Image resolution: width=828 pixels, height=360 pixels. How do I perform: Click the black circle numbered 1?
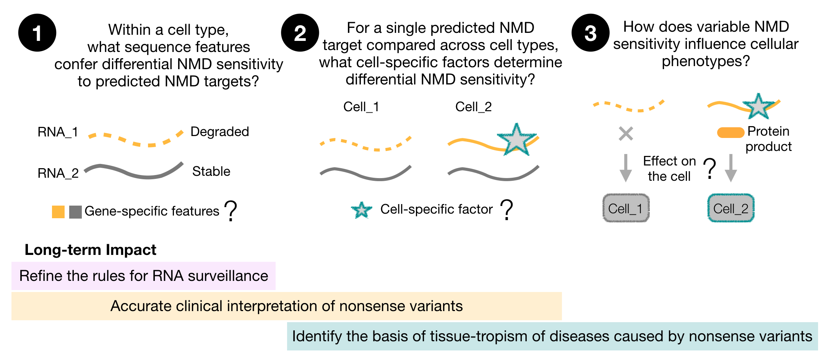coord(37,33)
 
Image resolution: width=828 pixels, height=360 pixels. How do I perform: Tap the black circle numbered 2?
coord(300,33)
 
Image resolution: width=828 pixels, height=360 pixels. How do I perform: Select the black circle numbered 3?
coord(590,33)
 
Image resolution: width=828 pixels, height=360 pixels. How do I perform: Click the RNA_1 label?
coord(58,132)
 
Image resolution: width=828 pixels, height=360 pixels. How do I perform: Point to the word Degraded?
coord(219,131)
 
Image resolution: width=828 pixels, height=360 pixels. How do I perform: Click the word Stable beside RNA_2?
coord(211,171)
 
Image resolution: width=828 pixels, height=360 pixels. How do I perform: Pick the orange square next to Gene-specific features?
coord(58,212)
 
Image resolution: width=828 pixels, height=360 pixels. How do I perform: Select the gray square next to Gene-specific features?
coord(75,212)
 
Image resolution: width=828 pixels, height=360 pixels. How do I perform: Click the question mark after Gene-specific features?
coord(231,211)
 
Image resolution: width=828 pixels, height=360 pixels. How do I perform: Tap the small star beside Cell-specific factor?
coord(362,210)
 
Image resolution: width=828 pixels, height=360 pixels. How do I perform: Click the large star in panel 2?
coord(516,140)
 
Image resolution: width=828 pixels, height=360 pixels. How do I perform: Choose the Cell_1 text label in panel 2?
coord(361,107)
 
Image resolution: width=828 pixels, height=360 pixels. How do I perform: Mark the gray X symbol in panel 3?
coord(626,134)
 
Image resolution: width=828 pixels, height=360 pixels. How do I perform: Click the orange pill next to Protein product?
coord(731,133)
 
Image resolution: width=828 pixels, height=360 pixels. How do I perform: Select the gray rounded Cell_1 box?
coord(626,208)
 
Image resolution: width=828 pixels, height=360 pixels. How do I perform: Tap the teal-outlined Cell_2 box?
coord(731,208)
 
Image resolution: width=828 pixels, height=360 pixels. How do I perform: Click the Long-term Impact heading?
coord(90,250)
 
